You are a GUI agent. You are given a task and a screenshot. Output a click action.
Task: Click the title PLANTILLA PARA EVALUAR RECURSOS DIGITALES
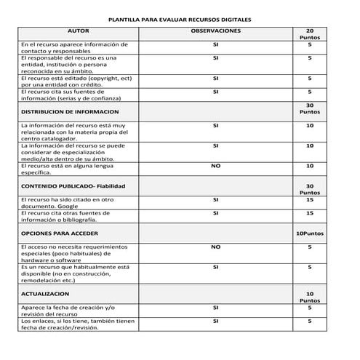point(180,20)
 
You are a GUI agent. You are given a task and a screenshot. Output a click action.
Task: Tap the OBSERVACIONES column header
point(215,32)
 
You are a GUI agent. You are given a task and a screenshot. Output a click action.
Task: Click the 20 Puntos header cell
point(310,35)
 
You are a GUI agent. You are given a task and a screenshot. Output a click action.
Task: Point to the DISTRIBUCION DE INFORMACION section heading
point(70,112)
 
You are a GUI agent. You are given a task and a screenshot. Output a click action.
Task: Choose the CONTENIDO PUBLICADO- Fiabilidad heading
point(70,186)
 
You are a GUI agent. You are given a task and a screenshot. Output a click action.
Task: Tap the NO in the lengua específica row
point(215,166)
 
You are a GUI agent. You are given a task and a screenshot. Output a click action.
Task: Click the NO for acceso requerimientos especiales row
point(215,247)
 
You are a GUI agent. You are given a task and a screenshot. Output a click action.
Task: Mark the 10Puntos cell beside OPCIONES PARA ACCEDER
point(310,233)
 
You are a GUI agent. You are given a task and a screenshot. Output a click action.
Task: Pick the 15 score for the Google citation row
point(310,199)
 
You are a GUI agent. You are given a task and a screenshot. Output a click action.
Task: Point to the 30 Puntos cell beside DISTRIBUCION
point(310,109)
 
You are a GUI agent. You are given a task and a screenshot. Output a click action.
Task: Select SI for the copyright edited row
point(215,77)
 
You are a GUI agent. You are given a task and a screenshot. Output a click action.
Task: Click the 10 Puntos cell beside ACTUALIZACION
point(310,296)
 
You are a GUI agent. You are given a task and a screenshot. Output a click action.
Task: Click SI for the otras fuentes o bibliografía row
point(215,213)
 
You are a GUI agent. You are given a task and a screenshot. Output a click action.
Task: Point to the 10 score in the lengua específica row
point(310,166)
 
